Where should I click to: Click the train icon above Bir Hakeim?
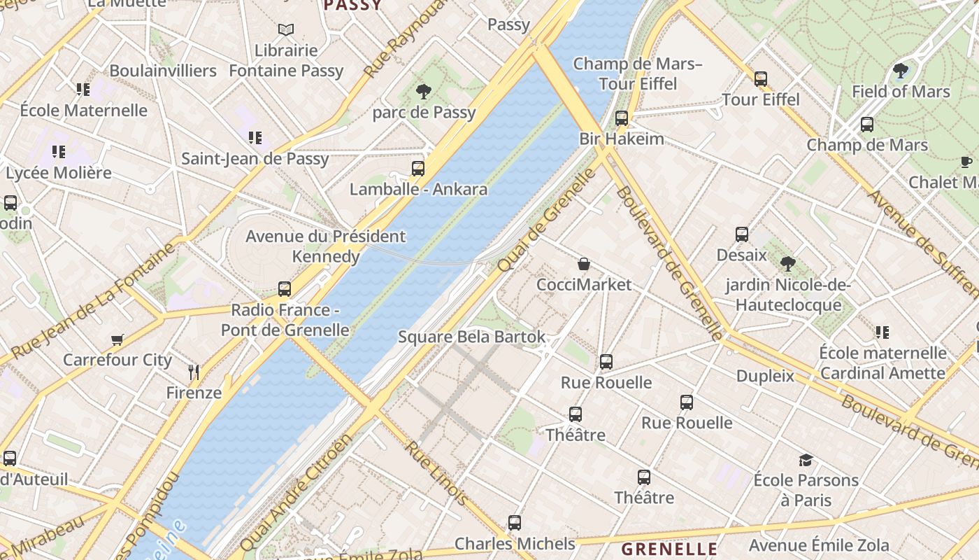tap(621, 118)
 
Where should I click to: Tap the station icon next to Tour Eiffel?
tap(760, 79)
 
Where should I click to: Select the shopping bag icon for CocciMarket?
tap(583, 264)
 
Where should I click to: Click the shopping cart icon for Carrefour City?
tap(117, 339)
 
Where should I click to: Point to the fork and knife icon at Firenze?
tap(194, 372)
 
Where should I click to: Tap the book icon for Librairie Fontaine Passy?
tap(285, 29)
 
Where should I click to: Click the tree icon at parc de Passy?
tap(423, 91)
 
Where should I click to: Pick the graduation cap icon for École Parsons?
tap(806, 460)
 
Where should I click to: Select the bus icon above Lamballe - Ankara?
tap(417, 169)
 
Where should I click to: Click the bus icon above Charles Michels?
tap(514, 523)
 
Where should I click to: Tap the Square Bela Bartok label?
tap(471, 337)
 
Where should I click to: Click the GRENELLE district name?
tap(669, 549)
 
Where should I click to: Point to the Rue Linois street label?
tap(436, 472)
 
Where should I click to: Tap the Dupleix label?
tap(765, 376)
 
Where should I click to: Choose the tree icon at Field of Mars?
tap(900, 71)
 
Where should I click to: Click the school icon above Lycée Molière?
tap(58, 152)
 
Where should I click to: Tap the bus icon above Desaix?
tap(741, 234)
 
